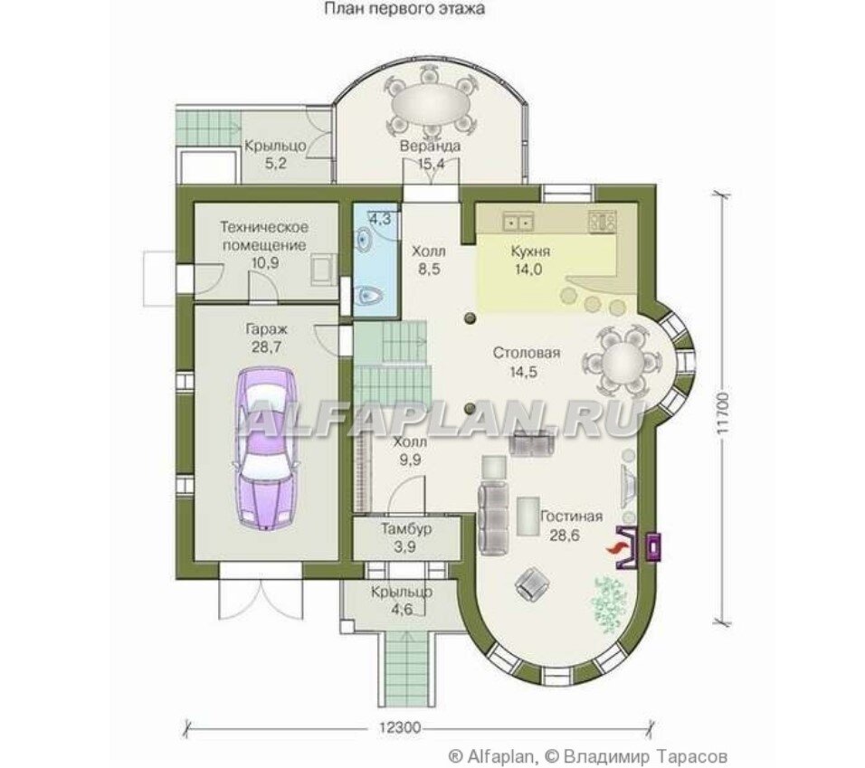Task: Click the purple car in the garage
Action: tap(265, 450)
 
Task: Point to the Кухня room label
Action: tap(530, 251)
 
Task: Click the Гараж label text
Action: tap(266, 329)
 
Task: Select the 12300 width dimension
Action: tap(400, 727)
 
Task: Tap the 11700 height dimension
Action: tap(724, 413)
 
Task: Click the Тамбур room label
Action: tap(406, 529)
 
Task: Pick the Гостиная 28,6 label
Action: tap(571, 526)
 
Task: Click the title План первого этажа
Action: tap(404, 9)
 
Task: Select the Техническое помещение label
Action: tap(264, 235)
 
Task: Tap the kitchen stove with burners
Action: tap(603, 222)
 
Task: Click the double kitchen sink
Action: tap(518, 223)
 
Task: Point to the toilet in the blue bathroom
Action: tap(367, 298)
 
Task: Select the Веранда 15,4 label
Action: tap(431, 155)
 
